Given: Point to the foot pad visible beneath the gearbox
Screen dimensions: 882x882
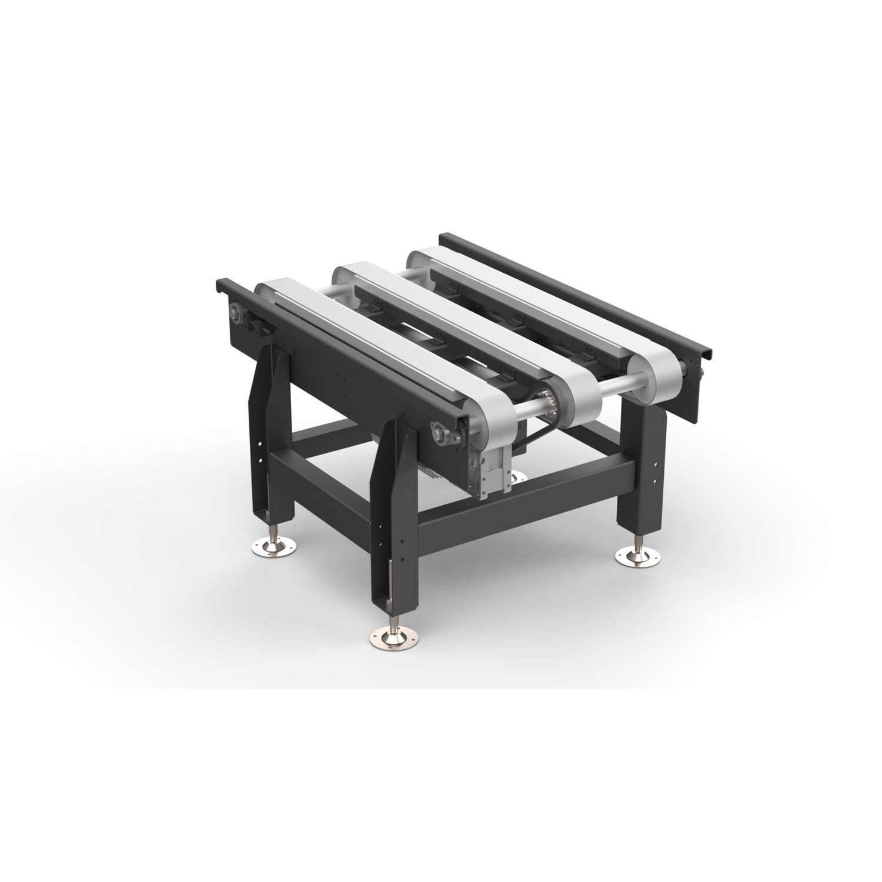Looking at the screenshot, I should pos(518,475).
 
